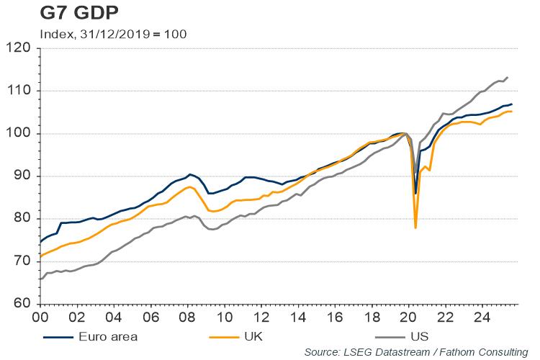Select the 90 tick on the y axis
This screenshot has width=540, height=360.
point(22,176)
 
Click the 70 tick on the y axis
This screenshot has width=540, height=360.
point(22,261)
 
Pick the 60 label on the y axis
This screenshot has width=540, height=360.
point(22,304)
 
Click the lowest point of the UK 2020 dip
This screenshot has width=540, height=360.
point(416,228)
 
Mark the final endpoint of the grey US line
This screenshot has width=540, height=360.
point(508,77)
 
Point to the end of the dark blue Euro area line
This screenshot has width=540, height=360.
point(511,104)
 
